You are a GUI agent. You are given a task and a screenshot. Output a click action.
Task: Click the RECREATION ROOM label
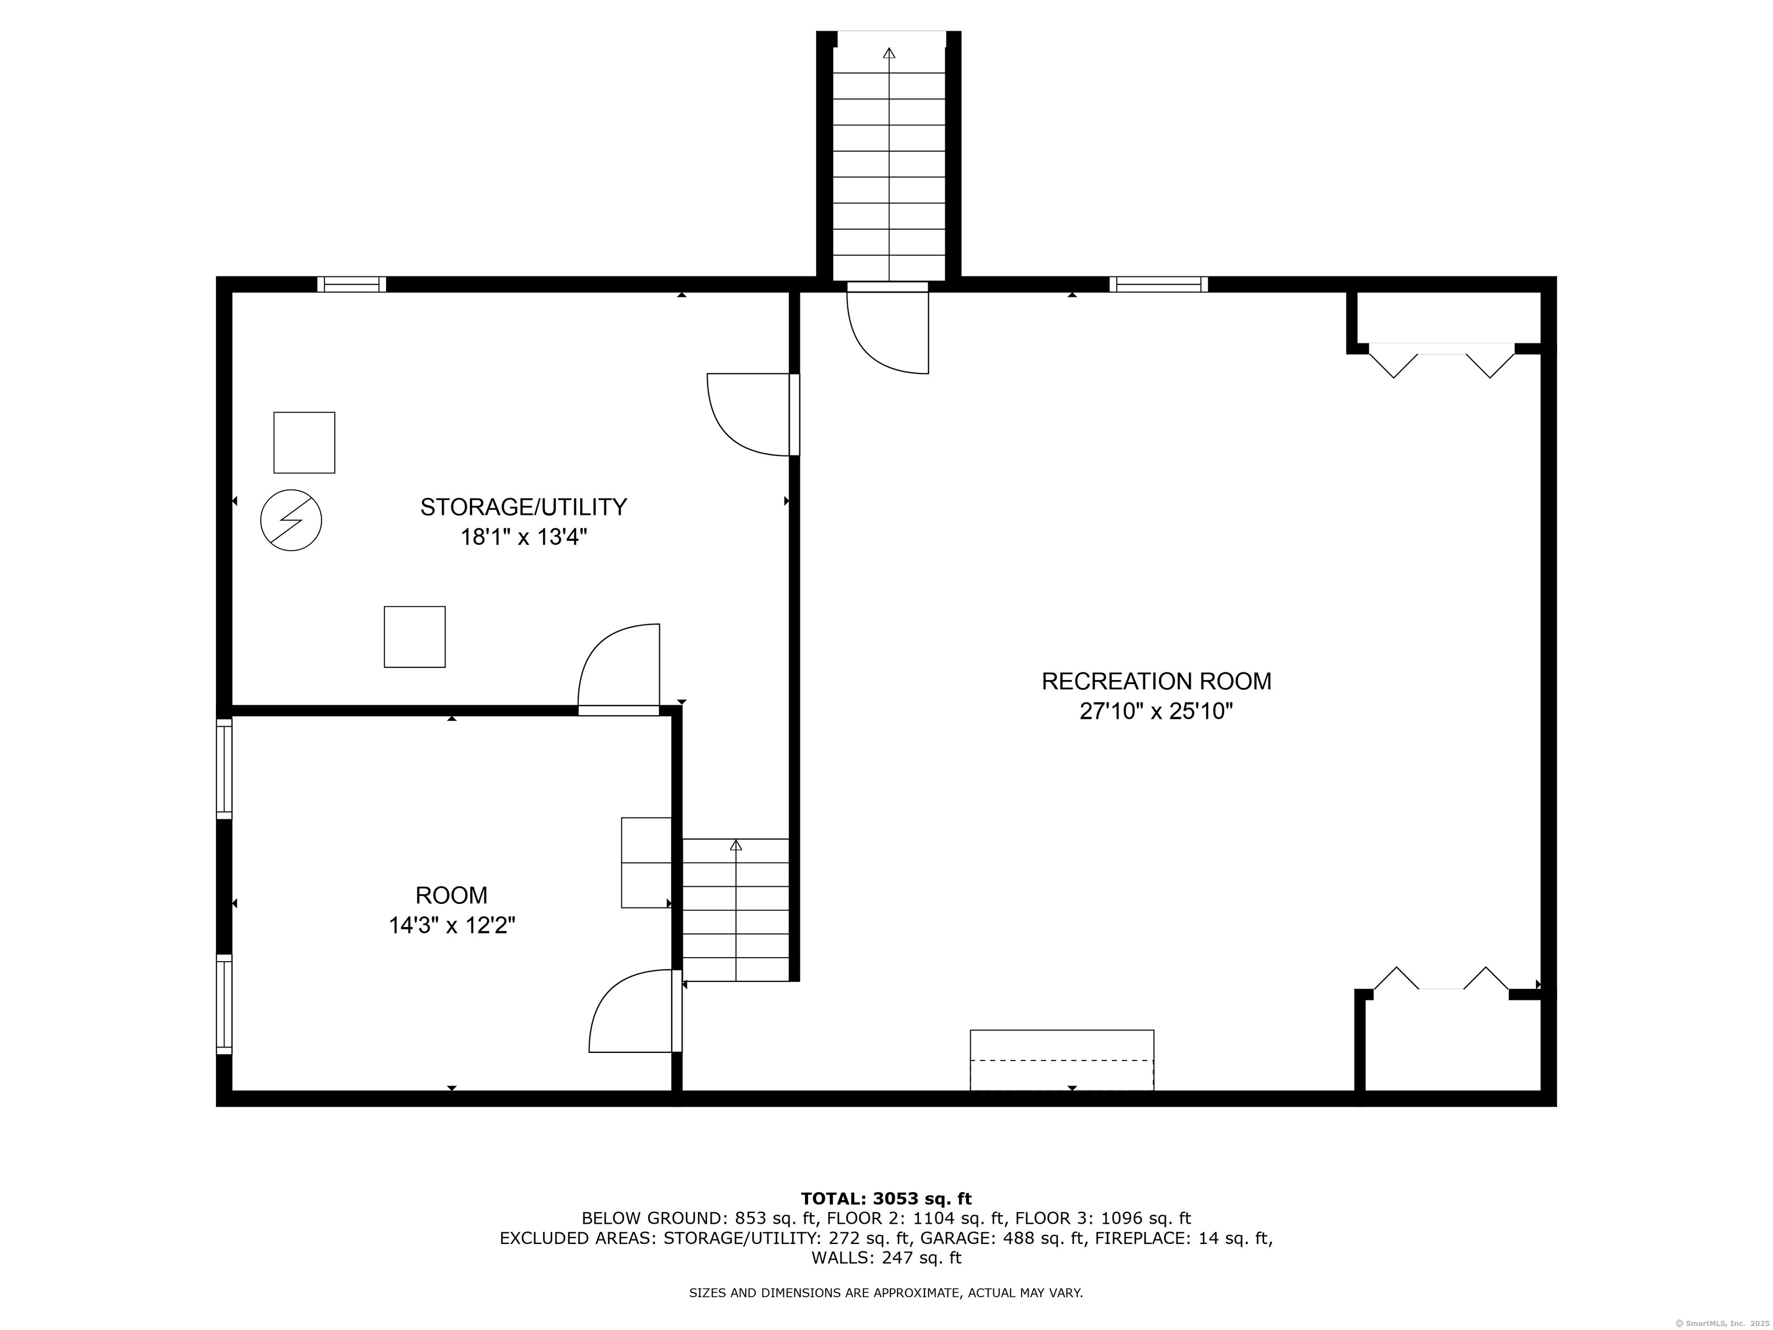[1156, 681]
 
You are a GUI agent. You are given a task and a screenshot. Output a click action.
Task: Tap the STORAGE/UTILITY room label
[523, 507]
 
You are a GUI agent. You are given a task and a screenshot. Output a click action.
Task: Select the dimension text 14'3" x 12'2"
[452, 926]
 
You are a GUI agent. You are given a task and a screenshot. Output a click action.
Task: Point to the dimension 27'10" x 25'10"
[1156, 711]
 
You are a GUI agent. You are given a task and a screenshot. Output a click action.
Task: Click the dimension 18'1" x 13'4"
[523, 537]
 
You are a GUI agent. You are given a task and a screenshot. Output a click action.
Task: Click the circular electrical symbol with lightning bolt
[291, 520]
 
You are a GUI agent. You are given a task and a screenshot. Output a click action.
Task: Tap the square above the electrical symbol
[305, 443]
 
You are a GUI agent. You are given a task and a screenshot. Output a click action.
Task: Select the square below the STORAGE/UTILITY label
[414, 637]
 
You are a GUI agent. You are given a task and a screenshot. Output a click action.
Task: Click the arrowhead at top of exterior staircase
[889, 53]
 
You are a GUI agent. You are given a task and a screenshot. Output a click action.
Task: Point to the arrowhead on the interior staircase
[736, 845]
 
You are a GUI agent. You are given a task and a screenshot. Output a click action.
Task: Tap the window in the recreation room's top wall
[1159, 285]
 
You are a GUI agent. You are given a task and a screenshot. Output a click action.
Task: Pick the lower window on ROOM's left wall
[225, 1004]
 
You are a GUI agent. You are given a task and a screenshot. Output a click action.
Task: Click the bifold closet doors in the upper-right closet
[1442, 360]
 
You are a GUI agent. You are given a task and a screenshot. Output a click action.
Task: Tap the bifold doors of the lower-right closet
[1441, 979]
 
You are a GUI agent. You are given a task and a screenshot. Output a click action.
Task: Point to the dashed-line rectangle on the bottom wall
[1062, 1060]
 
